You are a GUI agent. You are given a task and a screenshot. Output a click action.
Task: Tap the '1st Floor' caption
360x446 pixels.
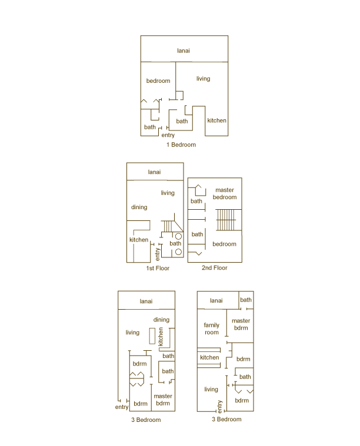click(x=158, y=268)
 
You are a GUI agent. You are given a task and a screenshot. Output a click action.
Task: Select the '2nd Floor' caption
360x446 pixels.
click(x=214, y=268)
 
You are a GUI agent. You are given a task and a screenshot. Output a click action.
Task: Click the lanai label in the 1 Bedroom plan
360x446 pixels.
click(x=184, y=51)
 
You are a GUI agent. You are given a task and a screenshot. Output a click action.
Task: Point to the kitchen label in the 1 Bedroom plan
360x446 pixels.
click(x=216, y=120)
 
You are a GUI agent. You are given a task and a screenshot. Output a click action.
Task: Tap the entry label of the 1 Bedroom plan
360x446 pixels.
click(x=168, y=135)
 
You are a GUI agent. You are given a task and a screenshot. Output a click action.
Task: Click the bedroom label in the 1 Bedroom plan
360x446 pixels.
click(x=158, y=81)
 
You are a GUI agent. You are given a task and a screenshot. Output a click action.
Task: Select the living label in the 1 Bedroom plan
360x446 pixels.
click(x=203, y=79)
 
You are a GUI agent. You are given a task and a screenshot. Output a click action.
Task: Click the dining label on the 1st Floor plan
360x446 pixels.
click(x=139, y=207)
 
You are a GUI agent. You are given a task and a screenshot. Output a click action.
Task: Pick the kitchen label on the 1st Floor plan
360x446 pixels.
click(x=139, y=240)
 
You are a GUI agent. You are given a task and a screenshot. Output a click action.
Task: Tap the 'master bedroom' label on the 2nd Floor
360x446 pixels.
click(x=225, y=193)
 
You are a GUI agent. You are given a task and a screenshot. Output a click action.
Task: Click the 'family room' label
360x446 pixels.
click(x=212, y=328)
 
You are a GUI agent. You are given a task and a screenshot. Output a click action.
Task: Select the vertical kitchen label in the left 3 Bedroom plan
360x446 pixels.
click(x=160, y=336)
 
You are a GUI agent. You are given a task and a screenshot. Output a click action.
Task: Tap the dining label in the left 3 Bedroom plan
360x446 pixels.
click(x=162, y=320)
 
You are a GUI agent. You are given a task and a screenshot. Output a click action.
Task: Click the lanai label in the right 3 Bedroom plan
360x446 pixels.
click(x=216, y=301)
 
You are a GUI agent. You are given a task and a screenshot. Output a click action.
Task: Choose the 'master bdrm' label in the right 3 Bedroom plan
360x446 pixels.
click(x=241, y=324)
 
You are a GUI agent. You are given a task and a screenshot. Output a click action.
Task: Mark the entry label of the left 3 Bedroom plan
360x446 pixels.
click(x=122, y=407)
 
